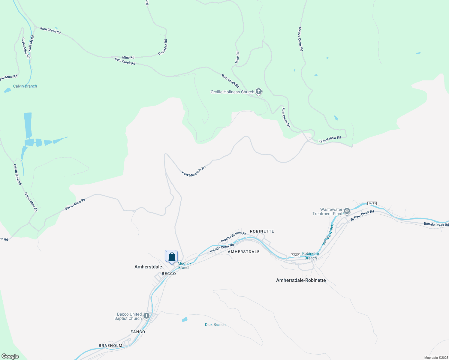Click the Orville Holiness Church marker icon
pos(259,91)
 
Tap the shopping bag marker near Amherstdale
pos(172,257)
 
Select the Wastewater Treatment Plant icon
pos(347,211)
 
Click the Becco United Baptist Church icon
pos(146,316)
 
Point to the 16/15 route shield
pos(372,203)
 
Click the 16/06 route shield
pos(295,255)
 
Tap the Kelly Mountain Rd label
pos(194,171)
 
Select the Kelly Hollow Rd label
pos(330,139)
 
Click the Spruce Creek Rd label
pos(300,39)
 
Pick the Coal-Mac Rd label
pos(163,47)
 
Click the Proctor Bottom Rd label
pos(234,237)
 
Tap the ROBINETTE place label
pos(262,231)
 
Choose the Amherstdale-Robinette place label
pos(301,280)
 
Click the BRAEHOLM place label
pos(110,346)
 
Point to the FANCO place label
pos(138,332)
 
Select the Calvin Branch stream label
pos(25,86)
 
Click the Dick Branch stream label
pos(215,325)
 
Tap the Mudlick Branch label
pos(184,265)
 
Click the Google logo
pos(10,356)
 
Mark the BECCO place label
pos(169,274)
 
